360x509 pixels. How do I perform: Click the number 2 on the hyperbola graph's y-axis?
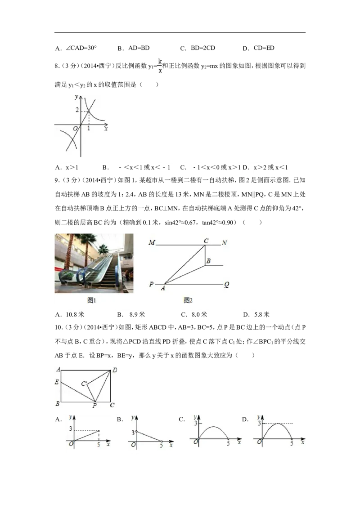(77, 110)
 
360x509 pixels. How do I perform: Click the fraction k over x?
(160, 66)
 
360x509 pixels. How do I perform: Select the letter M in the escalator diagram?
(152, 243)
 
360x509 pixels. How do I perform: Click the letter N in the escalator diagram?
(224, 243)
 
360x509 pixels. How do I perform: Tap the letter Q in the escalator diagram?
(226, 284)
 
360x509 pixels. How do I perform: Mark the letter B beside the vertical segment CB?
(208, 261)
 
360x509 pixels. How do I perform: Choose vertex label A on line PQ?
(163, 288)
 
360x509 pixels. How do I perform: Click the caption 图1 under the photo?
(92, 300)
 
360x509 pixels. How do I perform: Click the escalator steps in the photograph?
(104, 270)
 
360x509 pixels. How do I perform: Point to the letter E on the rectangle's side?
(57, 382)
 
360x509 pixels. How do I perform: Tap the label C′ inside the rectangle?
(84, 384)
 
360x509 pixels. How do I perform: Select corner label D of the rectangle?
(115, 370)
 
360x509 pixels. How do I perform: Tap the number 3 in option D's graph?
(259, 423)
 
